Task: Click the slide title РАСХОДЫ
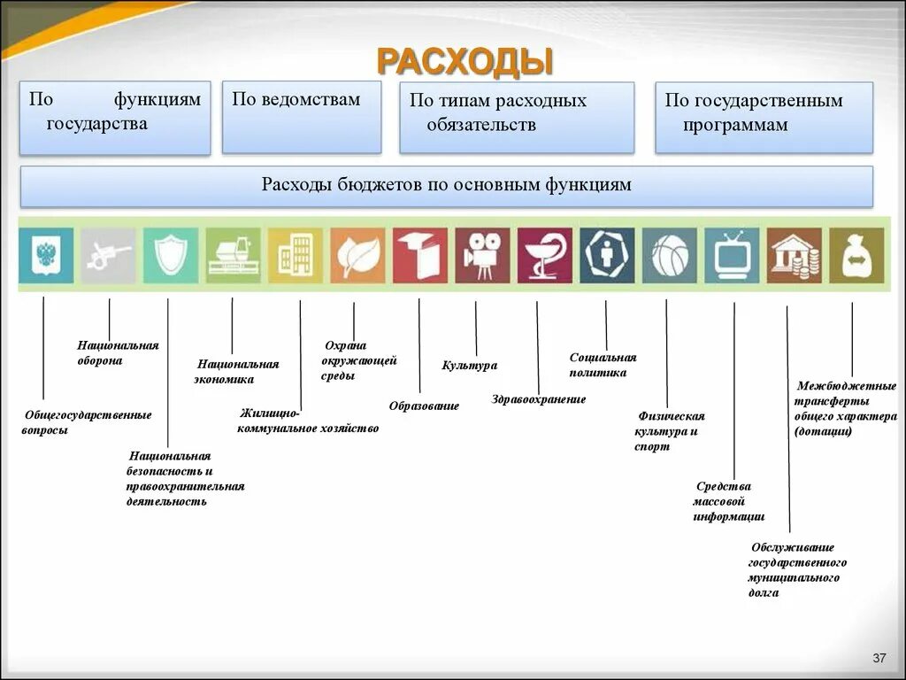click(465, 62)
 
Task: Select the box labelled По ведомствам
click(301, 117)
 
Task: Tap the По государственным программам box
click(764, 117)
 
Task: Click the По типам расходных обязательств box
click(517, 117)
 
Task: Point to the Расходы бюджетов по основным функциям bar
click(446, 186)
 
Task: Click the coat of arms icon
click(46, 256)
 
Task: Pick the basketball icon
click(670, 256)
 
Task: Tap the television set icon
click(732, 256)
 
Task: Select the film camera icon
click(483, 256)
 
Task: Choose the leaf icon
click(358, 256)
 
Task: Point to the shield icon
click(171, 256)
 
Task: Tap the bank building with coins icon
click(795, 256)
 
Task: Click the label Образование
click(424, 406)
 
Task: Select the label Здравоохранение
click(538, 399)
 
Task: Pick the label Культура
click(469, 365)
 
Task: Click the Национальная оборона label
click(118, 352)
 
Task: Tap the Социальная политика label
click(603, 365)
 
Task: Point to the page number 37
click(879, 658)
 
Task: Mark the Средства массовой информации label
click(728, 501)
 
